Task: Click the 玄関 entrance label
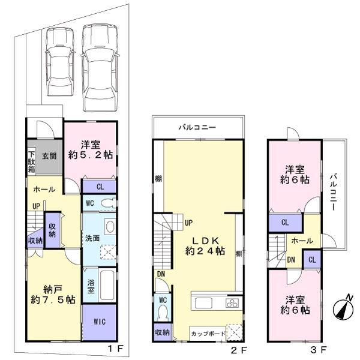(49, 156)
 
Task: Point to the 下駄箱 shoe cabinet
(31, 161)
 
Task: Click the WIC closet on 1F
(100, 322)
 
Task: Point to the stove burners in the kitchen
(233, 302)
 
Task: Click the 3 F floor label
(319, 349)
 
